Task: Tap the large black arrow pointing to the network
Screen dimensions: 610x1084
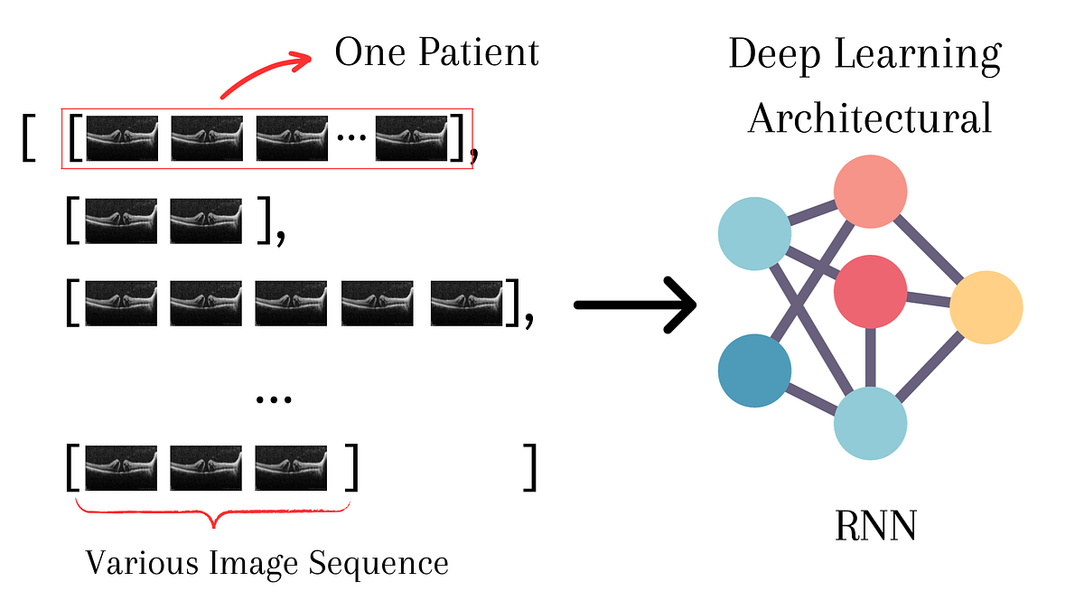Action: [x=636, y=305]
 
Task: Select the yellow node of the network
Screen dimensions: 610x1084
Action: [x=986, y=307]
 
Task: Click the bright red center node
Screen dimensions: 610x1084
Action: [x=870, y=291]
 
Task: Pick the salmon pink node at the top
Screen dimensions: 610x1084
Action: [x=870, y=191]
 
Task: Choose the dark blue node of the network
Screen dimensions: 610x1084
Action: [x=754, y=371]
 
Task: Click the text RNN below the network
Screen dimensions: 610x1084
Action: [x=874, y=526]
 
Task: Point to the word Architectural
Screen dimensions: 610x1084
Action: [x=869, y=118]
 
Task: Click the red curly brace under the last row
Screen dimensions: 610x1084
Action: [x=212, y=515]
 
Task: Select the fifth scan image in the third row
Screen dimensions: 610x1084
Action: [x=466, y=304]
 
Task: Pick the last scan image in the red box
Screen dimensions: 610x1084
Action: [x=412, y=138]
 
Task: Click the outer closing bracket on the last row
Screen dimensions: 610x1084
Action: [x=530, y=467]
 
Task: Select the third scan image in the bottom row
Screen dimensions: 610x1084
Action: [x=291, y=467]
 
